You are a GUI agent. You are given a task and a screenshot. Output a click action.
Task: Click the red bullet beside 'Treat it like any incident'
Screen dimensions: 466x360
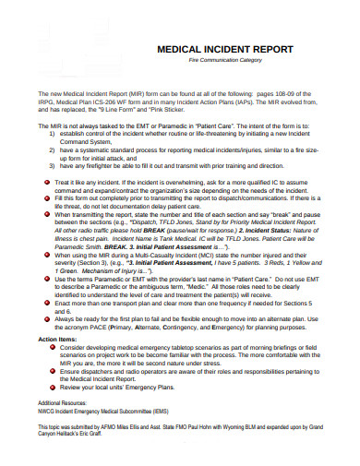tap(48, 184)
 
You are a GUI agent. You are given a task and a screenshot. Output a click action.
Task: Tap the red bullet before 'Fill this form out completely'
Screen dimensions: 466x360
tap(48, 197)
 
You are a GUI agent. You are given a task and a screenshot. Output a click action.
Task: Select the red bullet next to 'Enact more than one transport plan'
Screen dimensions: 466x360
tap(48, 302)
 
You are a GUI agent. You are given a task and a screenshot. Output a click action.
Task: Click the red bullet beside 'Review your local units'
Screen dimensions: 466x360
tap(48, 388)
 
